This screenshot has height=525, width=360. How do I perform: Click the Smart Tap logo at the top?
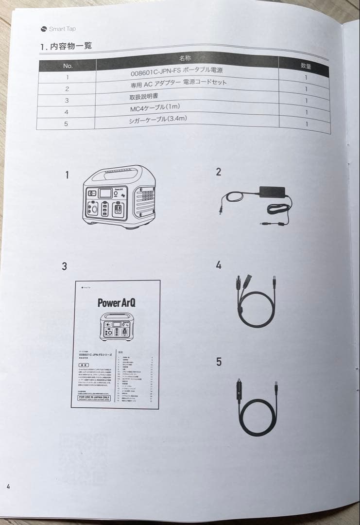click(x=59, y=29)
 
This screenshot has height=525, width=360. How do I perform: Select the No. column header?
click(x=68, y=66)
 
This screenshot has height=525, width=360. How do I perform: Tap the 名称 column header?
click(x=186, y=58)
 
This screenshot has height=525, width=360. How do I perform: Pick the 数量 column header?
click(x=306, y=66)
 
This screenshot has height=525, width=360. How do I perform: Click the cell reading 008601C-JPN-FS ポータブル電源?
click(x=177, y=71)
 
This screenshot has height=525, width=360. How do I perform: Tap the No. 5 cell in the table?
click(x=66, y=124)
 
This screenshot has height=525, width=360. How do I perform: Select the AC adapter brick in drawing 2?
click(x=272, y=191)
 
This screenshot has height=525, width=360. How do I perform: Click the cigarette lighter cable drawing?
click(x=257, y=408)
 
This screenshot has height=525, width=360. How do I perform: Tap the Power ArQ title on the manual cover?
click(x=116, y=302)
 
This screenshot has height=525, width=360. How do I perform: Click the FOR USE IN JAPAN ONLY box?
click(x=94, y=397)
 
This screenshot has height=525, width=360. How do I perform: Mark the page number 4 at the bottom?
click(x=8, y=486)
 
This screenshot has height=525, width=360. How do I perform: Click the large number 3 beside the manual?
click(x=64, y=266)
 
